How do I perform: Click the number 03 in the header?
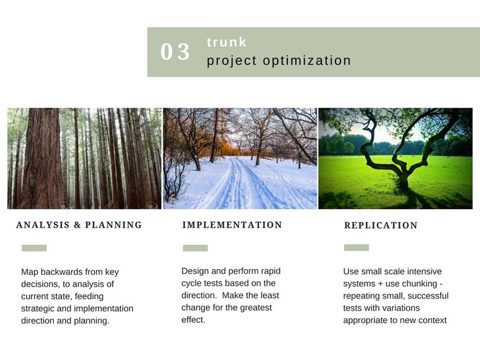click(175, 51)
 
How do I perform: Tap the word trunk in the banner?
click(227, 42)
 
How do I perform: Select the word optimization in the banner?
click(307, 61)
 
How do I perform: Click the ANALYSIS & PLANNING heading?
click(79, 225)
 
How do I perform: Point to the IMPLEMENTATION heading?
click(232, 225)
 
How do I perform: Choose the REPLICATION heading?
click(381, 226)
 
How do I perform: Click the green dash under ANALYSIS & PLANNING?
click(34, 248)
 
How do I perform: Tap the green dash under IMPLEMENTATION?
click(195, 248)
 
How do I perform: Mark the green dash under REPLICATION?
click(356, 247)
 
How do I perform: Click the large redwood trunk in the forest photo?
click(42, 159)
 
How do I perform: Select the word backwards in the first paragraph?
click(63, 272)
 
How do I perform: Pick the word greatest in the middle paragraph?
click(255, 308)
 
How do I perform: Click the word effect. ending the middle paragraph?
click(193, 320)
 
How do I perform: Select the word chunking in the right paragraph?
click(419, 284)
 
